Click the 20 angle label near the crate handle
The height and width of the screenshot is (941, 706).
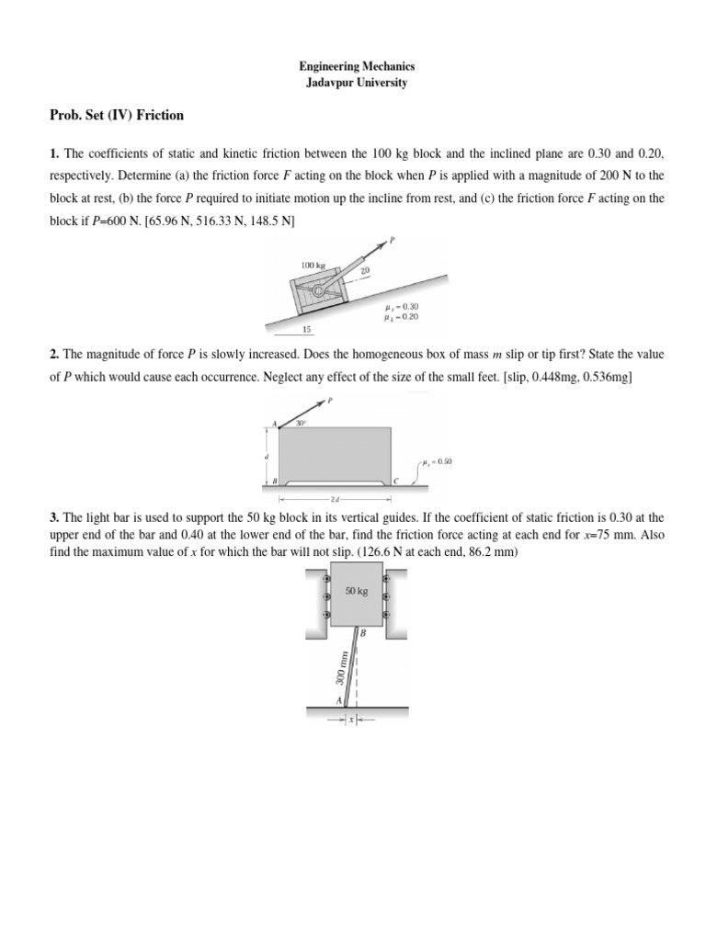coord(364,270)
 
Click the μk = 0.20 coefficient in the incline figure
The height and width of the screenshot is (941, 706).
coord(403,316)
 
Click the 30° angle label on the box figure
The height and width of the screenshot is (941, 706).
coord(300,424)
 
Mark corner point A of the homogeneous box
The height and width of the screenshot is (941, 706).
coord(273,425)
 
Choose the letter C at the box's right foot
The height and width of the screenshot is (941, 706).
coord(396,481)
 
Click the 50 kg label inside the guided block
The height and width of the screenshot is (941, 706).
coord(356,593)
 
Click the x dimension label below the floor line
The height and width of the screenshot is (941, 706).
coord(349,720)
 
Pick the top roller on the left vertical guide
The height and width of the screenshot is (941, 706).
coord(325,580)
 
